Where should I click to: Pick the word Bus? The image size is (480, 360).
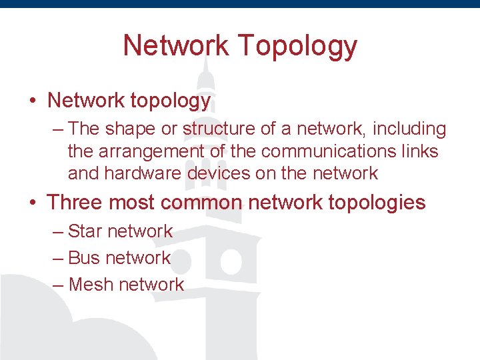coord(84,257)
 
